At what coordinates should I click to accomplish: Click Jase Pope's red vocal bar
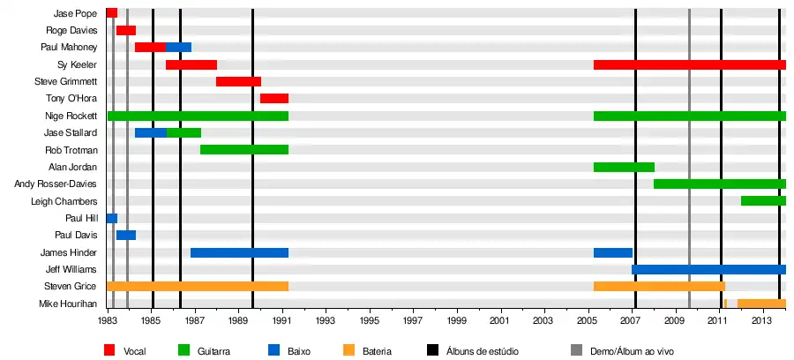112,13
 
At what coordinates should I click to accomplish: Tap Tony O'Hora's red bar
274,99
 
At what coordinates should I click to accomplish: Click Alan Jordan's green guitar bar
624,167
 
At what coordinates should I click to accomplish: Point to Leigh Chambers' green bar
763,201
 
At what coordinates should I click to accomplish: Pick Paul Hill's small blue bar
112,218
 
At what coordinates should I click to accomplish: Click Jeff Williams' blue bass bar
708,269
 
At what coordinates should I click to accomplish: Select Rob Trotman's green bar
244,150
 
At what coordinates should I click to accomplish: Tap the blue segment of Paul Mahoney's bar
178,48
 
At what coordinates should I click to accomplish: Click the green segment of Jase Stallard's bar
184,133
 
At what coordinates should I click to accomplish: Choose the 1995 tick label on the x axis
371,321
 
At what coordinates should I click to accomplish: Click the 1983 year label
109,321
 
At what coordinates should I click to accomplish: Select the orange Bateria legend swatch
350,350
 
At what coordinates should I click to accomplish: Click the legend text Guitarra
213,351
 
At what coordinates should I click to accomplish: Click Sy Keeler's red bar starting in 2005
689,65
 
